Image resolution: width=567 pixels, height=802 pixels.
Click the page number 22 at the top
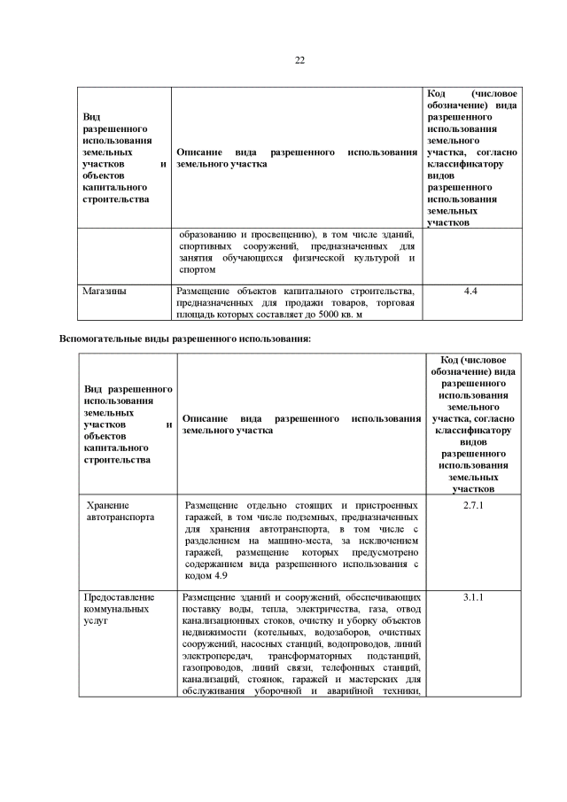click(299, 60)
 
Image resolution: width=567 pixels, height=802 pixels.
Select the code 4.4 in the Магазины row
click(470, 291)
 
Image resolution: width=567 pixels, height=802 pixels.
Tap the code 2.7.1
click(470, 505)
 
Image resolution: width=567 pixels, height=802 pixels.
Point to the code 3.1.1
click(470, 597)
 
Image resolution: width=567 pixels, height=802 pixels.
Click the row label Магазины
click(104, 291)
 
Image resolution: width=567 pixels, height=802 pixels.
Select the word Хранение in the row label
click(108, 505)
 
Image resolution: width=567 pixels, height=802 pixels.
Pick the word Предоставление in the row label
click(119, 597)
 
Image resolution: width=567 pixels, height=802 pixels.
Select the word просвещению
click(279, 234)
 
